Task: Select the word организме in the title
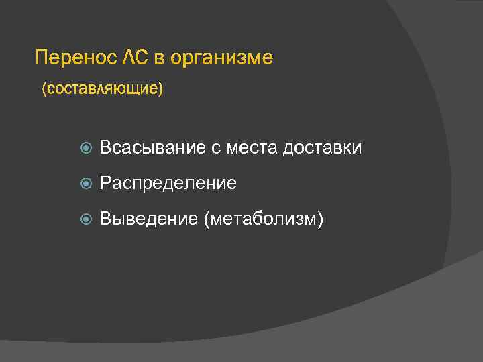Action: coord(222,58)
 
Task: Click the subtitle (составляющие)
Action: coord(102,88)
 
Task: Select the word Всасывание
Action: coord(152,147)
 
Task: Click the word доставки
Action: coord(322,147)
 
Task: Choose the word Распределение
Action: coord(168,183)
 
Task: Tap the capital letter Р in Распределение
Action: coord(105,183)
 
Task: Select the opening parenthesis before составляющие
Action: coord(44,88)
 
